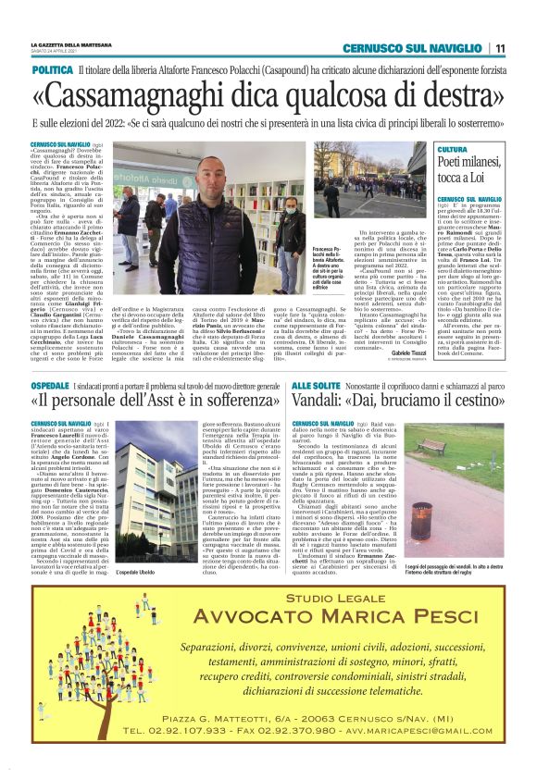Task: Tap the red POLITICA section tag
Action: (x=53, y=70)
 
